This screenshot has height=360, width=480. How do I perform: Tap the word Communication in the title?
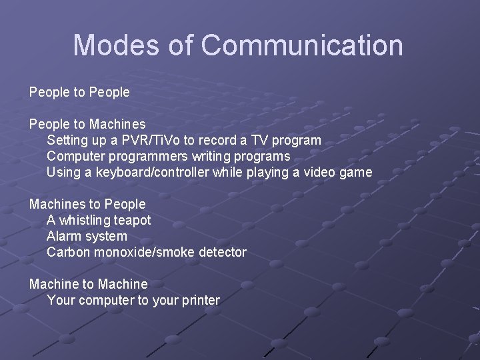(301, 45)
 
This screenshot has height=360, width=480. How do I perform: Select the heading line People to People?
(79, 92)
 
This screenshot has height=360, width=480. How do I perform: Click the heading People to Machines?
(87, 124)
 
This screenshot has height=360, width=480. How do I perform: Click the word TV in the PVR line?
(262, 140)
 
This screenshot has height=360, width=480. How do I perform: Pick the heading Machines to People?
(87, 204)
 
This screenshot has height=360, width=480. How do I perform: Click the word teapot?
(133, 220)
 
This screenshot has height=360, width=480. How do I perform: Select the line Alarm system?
(87, 236)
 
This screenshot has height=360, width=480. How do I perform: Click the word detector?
(221, 252)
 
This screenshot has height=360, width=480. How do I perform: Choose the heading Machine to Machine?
(89, 284)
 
